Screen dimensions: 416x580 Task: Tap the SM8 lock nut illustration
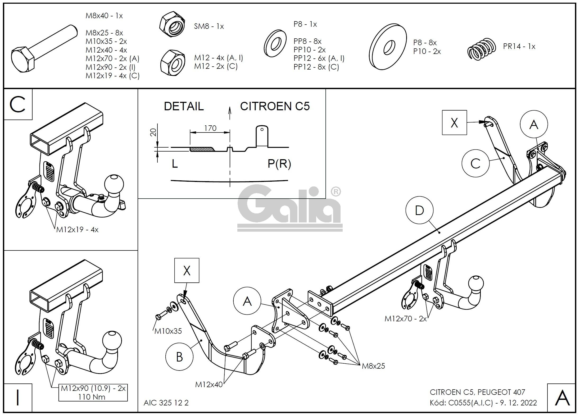(172, 25)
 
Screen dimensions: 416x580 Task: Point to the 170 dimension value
(210, 128)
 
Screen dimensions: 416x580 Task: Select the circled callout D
(419, 211)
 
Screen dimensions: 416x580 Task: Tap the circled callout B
(179, 357)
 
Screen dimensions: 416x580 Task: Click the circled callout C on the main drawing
(475, 164)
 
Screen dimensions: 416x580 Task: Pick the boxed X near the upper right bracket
(454, 123)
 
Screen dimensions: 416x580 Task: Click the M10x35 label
(168, 331)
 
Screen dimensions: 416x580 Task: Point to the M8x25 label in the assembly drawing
(373, 366)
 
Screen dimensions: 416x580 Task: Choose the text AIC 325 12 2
(166, 403)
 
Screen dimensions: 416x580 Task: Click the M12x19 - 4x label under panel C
(77, 230)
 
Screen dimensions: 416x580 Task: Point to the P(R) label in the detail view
(279, 164)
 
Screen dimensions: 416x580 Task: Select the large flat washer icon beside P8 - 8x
(388, 47)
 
